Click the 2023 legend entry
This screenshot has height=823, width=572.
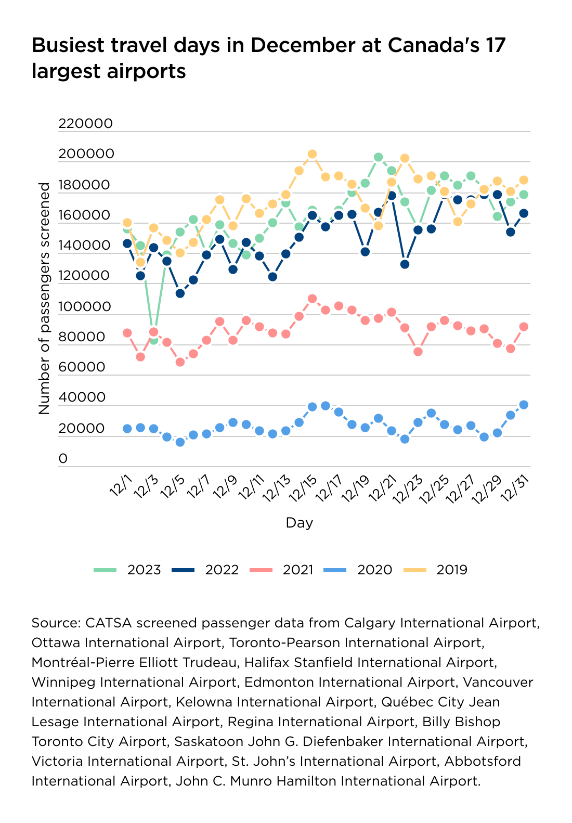(128, 570)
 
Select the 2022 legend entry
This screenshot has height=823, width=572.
(205, 570)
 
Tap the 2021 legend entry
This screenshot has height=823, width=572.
(282, 570)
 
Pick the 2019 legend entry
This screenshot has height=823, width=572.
(436, 570)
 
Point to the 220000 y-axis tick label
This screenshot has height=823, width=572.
(85, 123)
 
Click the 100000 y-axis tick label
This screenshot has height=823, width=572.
(85, 307)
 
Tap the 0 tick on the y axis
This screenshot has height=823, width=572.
(63, 459)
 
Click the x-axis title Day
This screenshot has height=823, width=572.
(300, 523)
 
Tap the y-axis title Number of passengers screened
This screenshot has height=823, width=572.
(44, 298)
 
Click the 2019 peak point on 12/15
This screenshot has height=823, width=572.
(312, 154)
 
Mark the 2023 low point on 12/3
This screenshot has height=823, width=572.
(153, 340)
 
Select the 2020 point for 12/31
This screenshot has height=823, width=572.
(524, 405)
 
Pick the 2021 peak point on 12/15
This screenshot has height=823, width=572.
(312, 299)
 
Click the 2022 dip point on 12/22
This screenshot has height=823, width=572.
(405, 264)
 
